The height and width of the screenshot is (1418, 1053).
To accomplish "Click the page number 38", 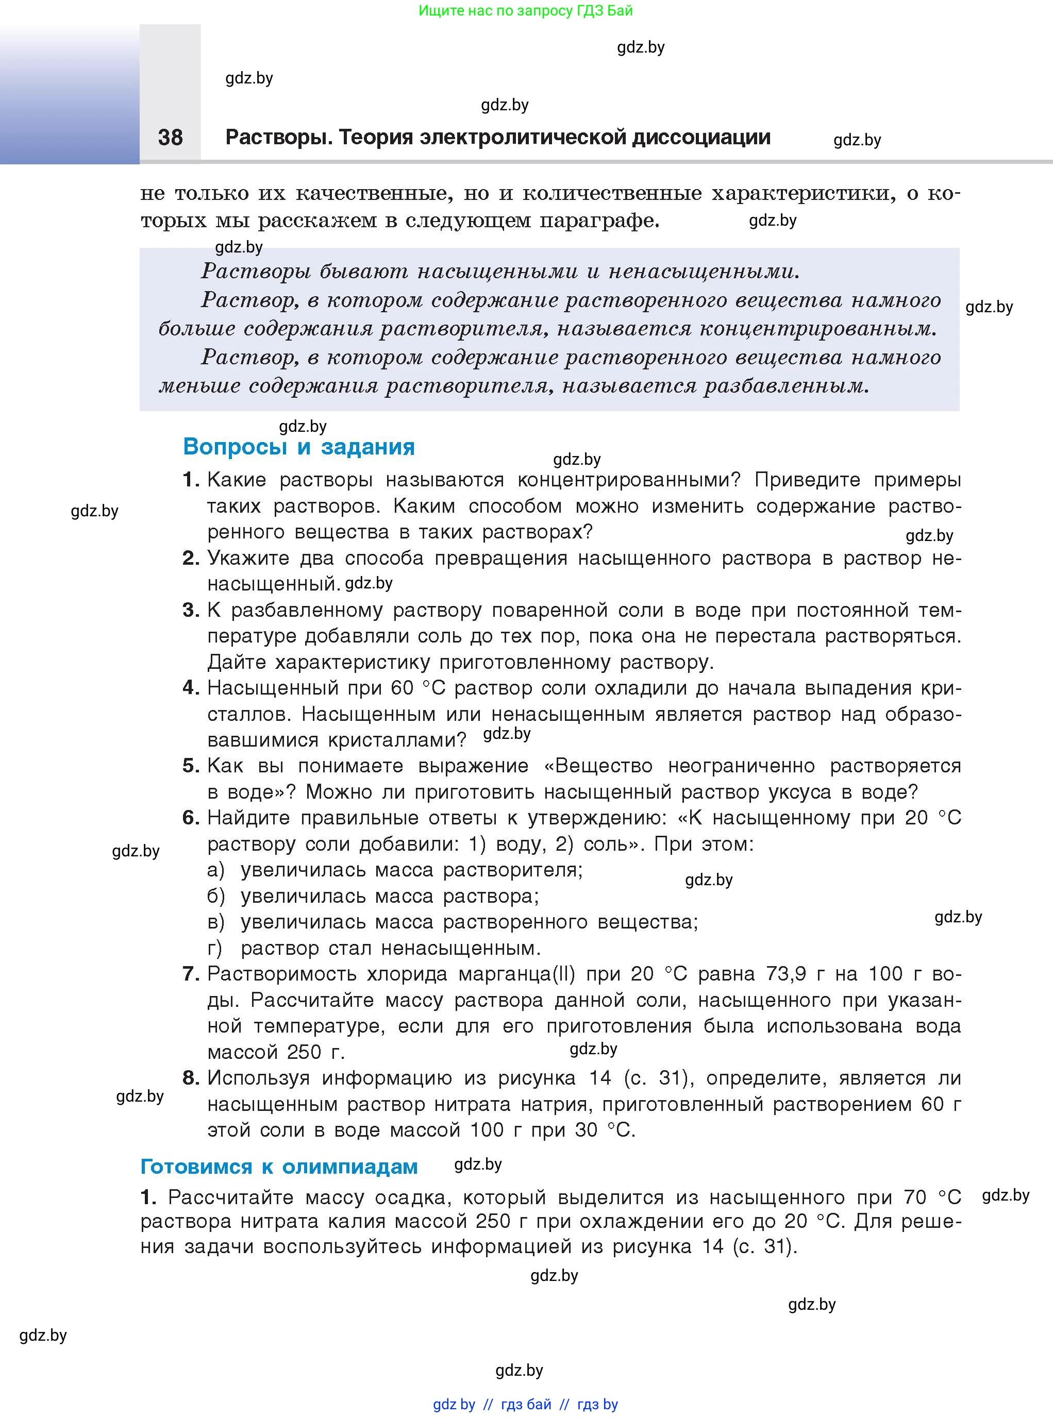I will [170, 137].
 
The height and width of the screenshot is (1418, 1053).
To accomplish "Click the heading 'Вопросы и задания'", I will [298, 447].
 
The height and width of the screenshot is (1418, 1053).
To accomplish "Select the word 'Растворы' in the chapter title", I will [278, 137].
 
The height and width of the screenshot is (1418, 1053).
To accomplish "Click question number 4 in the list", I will [189, 688].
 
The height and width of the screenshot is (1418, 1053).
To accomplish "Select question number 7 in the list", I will [189, 974].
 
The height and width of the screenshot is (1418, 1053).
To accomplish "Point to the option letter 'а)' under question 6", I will [215, 870].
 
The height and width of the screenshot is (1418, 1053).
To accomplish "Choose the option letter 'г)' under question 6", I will [215, 948].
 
